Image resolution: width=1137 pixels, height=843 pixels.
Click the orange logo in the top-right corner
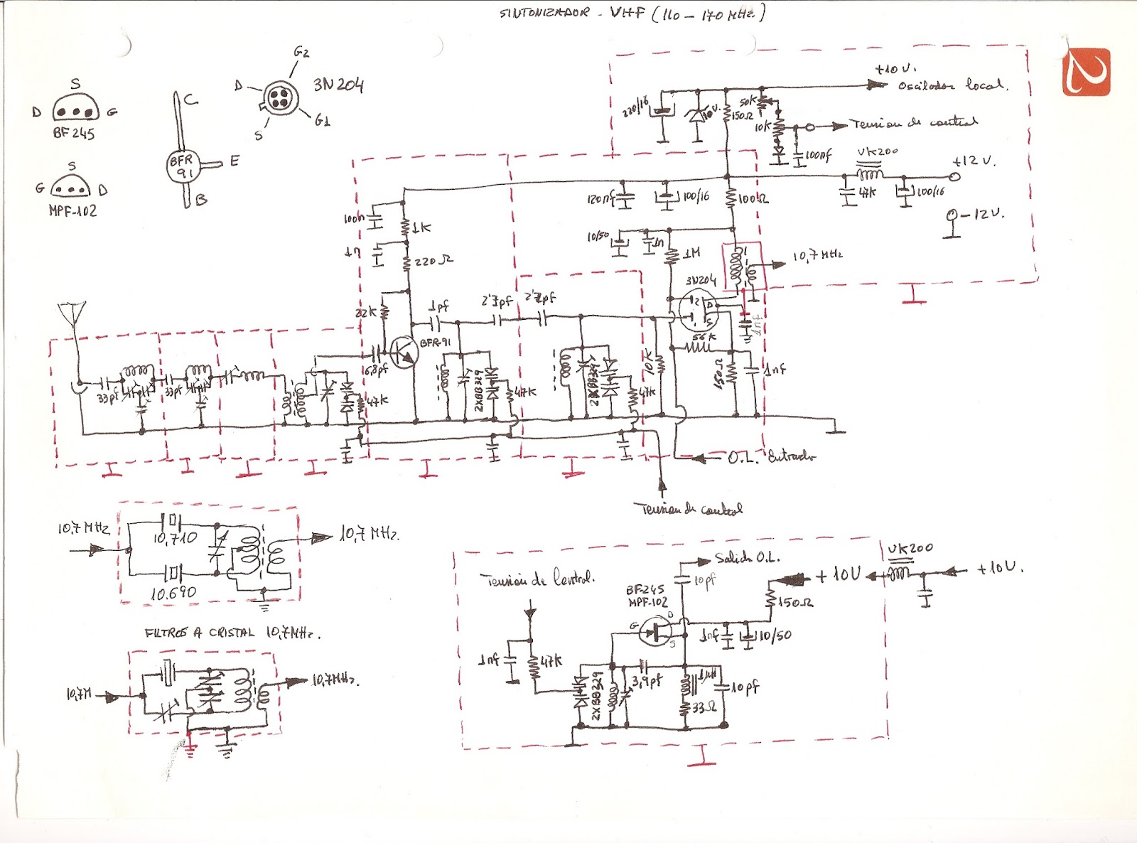tap(1086, 72)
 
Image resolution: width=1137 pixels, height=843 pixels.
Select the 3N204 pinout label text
tap(338, 85)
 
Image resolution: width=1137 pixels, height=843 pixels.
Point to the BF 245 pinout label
tap(73, 133)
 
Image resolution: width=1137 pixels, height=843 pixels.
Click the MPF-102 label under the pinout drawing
tap(72, 211)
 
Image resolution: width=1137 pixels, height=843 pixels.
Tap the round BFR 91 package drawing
tap(182, 166)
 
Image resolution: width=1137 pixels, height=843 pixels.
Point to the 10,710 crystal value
tap(175, 539)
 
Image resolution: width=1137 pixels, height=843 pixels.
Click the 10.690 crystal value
tap(173, 592)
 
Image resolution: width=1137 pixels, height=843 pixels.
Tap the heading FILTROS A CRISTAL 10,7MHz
tap(232, 633)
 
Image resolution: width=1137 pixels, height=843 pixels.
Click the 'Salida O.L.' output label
tap(746, 558)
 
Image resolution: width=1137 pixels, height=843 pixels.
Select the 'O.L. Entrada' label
tap(771, 457)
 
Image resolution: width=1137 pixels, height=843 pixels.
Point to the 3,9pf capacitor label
tap(647, 681)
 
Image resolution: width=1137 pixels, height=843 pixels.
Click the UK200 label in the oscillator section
tap(910, 548)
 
